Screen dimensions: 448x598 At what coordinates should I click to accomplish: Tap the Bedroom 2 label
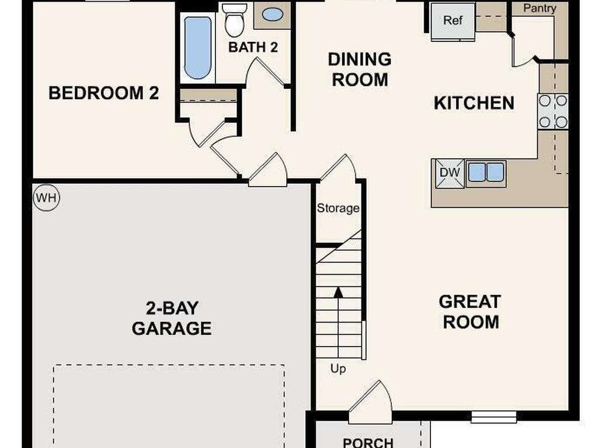[103, 93]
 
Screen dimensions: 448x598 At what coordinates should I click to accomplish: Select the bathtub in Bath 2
[197, 47]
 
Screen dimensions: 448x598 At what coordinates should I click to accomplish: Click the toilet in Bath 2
[235, 20]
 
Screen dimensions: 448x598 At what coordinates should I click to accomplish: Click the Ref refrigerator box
[453, 21]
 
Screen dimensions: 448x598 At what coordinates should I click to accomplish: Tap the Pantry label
[539, 8]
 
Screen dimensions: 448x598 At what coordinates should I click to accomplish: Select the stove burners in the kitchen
[552, 111]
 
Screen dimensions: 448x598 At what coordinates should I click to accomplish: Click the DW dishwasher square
[449, 173]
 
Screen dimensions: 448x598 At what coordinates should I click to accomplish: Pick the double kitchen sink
[486, 173]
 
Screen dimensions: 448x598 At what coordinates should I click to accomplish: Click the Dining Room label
[360, 69]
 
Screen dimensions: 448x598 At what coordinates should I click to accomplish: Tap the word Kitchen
[474, 103]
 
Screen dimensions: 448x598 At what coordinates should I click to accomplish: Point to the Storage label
[338, 208]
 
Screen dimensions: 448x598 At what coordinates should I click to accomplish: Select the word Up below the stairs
[338, 369]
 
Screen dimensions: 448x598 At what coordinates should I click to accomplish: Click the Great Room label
[470, 311]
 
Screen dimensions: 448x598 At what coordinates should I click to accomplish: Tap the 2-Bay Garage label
[172, 318]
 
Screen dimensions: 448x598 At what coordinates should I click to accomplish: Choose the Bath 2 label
[253, 47]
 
